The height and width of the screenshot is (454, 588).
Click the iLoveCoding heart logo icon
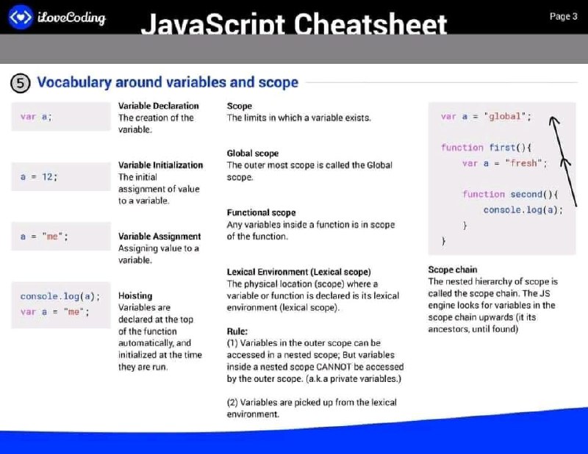coord(21,17)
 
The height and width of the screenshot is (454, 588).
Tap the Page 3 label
coord(563,16)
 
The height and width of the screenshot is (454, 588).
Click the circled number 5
coord(21,83)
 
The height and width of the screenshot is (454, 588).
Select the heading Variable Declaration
coord(159,106)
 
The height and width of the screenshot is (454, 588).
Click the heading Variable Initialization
coord(160,165)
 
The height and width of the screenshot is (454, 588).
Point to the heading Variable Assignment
coord(159,237)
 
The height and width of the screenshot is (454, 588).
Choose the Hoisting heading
coord(135,296)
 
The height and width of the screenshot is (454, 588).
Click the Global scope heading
coord(253,154)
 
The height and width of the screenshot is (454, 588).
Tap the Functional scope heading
coord(261,212)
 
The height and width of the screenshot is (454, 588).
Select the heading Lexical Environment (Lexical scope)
coord(299,272)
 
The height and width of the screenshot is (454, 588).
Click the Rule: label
coord(237,331)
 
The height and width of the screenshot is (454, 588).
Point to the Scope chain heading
coord(453,270)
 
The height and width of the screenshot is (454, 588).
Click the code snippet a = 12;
coord(39,176)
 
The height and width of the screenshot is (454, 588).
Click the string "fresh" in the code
coord(523,163)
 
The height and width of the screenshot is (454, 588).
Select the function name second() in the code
coord(531,194)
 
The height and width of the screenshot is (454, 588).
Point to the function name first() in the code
coord(507,148)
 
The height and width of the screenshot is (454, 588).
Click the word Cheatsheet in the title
coord(370,24)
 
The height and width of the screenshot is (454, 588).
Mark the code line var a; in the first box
coord(36,117)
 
